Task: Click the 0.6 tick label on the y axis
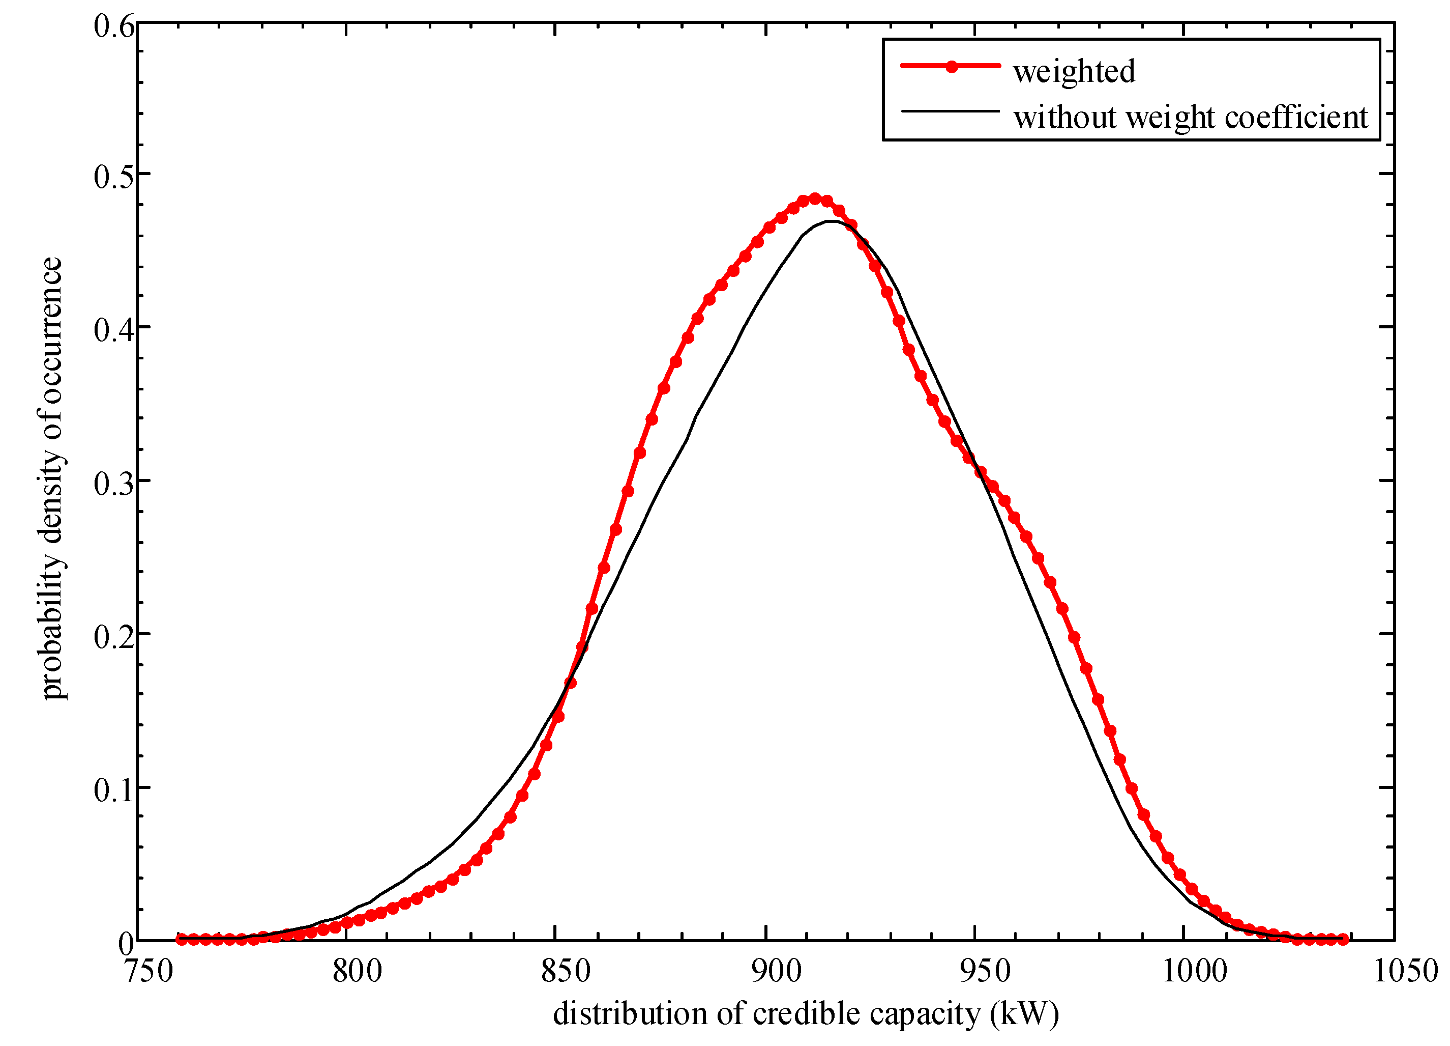pyautogui.click(x=114, y=27)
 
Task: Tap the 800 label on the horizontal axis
pyautogui.click(x=357, y=972)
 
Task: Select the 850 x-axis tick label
pyautogui.click(x=566, y=972)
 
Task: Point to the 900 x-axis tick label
pyautogui.click(x=776, y=972)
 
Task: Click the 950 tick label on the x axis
pyautogui.click(x=985, y=972)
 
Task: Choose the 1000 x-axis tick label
pyautogui.click(x=1194, y=972)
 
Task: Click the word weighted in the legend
pyautogui.click(x=1074, y=72)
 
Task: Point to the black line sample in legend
pyautogui.click(x=950, y=111)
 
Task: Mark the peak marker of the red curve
pyautogui.click(x=814, y=199)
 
